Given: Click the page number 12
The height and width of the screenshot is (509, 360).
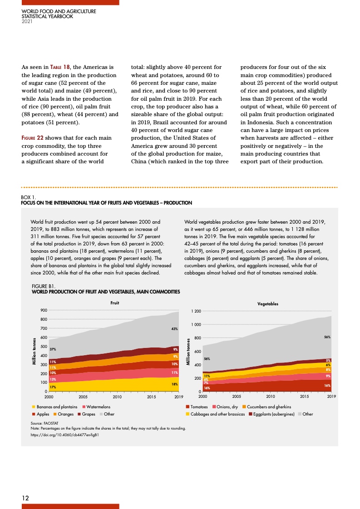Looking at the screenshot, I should (x=26, y=498).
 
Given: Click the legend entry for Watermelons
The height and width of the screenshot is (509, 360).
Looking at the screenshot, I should (x=96, y=407).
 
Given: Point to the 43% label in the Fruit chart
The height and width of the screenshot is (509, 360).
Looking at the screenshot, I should (x=174, y=328).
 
